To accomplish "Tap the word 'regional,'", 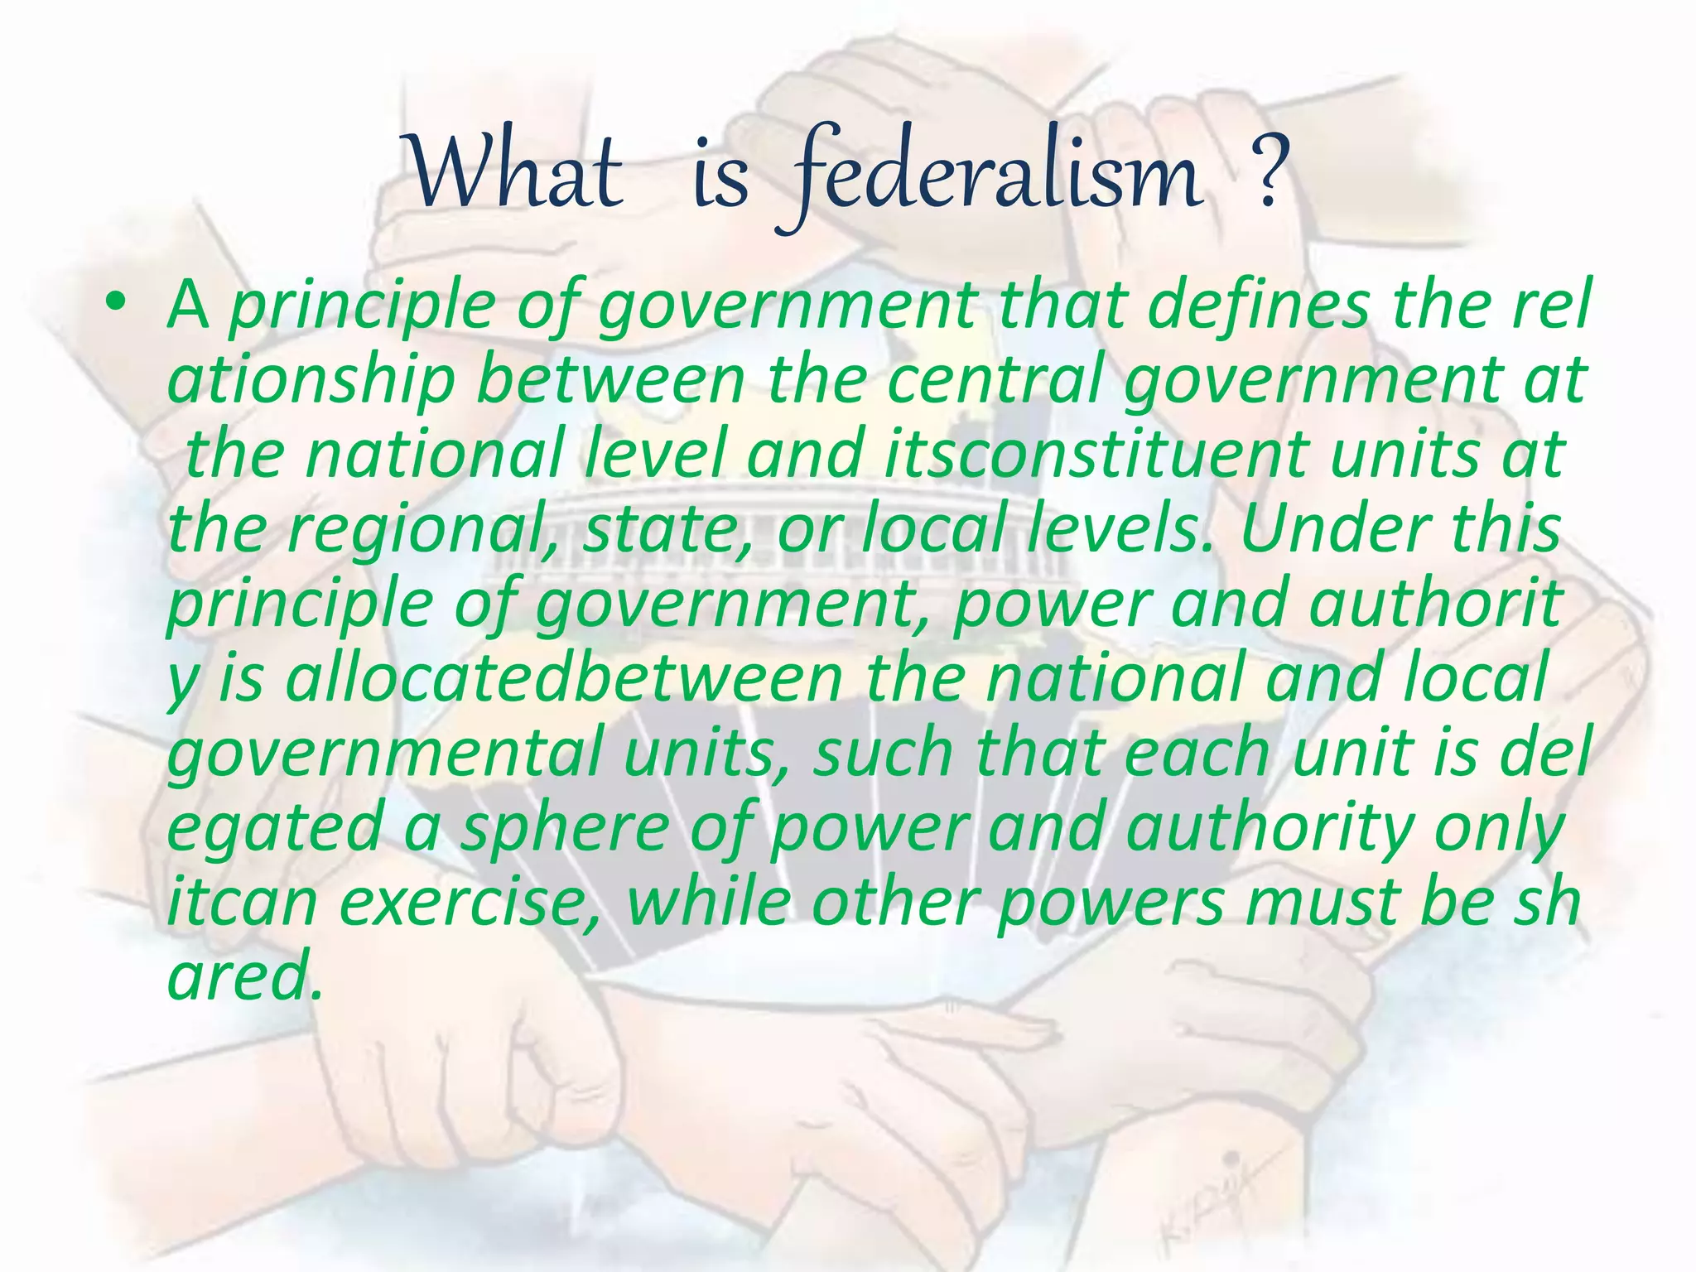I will coord(426,528).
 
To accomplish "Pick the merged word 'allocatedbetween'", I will coord(563,677).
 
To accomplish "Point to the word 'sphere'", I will coord(563,826).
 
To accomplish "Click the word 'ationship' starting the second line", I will coord(311,379).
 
